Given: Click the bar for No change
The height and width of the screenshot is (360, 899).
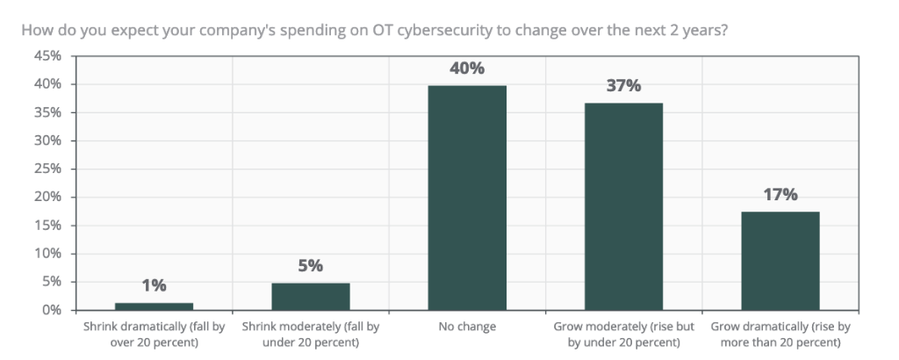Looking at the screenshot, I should pos(466,198).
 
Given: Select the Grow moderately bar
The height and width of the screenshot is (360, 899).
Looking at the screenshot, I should pos(623,206).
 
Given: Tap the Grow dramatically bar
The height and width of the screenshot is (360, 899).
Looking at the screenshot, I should pos(780,261).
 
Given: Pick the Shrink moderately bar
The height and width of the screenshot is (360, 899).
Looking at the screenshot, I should pos(310,296).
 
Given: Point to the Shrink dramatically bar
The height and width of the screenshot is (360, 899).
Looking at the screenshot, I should pos(154,306).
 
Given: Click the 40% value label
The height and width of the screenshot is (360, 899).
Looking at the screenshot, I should pos(466,68).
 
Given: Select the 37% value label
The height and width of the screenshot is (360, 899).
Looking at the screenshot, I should pos(623,86).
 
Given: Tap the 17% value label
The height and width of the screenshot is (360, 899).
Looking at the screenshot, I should pos(780,195).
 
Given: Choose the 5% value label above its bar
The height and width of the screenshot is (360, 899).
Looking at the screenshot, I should pos(310,265).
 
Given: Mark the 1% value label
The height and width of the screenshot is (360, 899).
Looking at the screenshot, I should pos(154,285).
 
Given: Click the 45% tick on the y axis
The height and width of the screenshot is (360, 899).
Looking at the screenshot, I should pos(48,56).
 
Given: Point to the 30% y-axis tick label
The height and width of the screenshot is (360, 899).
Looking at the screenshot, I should pos(48,140).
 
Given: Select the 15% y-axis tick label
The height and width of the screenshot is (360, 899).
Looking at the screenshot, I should pos(48,226).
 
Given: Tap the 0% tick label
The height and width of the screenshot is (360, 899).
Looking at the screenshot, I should pos(52,310).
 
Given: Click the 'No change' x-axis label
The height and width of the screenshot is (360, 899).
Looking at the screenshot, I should pos(466,327).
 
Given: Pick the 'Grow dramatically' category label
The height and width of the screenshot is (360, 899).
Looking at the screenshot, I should pos(780,334).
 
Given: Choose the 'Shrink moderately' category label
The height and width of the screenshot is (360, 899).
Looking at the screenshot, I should pos(310,334).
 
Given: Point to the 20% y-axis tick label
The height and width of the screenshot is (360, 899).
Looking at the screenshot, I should pos(48,198).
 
